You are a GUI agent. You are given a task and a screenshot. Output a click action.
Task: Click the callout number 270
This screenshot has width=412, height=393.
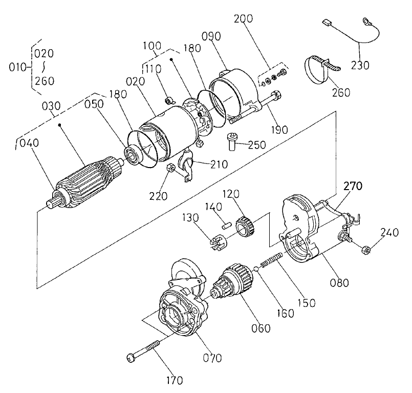point(353,186)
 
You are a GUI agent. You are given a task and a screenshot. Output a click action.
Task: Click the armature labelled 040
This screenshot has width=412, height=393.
point(85,182)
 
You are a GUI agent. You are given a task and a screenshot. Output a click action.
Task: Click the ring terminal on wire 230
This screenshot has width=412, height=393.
point(366,22)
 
